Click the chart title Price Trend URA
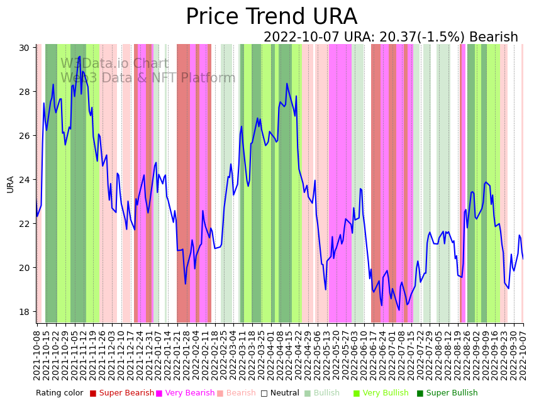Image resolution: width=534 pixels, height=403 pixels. [x=271, y=17]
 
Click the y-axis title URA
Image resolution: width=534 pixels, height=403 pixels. [x=11, y=184]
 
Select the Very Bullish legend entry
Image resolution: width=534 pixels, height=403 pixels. [x=385, y=393]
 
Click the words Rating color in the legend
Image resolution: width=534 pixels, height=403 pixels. [x=59, y=393]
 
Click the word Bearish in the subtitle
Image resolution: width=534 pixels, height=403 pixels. [x=494, y=38]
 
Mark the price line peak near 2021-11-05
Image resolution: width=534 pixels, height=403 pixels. [x=79, y=57]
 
